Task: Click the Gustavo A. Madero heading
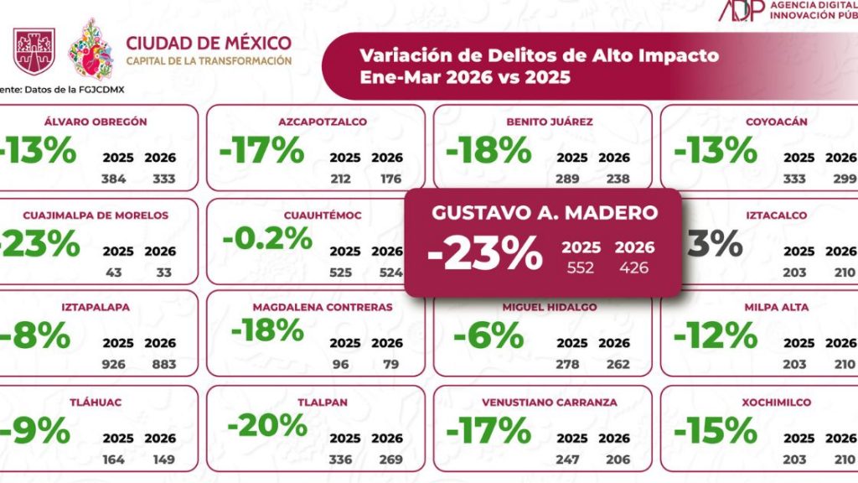pyautogui.click(x=545, y=212)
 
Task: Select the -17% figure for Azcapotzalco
pyautogui.click(x=261, y=151)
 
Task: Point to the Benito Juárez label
pyautogui.click(x=550, y=122)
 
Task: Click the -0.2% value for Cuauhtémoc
pyautogui.click(x=266, y=239)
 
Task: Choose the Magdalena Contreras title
pyautogui.click(x=323, y=307)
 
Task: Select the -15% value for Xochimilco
pyautogui.click(x=715, y=431)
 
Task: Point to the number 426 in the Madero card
pyautogui.click(x=633, y=267)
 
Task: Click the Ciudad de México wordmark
pyautogui.click(x=209, y=43)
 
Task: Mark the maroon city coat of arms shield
pyautogui.click(x=34, y=49)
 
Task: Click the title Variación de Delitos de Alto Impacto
pyautogui.click(x=539, y=56)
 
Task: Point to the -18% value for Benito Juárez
pyautogui.click(x=488, y=151)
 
